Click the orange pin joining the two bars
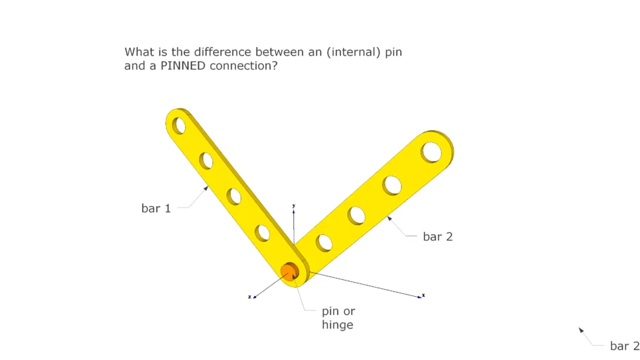click(289, 271)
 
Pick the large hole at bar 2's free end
click(431, 152)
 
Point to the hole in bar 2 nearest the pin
click(324, 243)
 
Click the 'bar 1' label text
click(156, 208)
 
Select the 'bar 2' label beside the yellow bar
click(437, 237)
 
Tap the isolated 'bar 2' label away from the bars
click(625, 346)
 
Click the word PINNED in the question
click(185, 66)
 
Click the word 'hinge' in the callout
click(338, 325)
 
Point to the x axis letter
click(423, 295)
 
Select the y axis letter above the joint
click(293, 205)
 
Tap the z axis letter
click(249, 297)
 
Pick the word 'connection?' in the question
click(243, 66)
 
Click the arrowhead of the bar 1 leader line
click(206, 188)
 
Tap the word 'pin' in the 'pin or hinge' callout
click(331, 311)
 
